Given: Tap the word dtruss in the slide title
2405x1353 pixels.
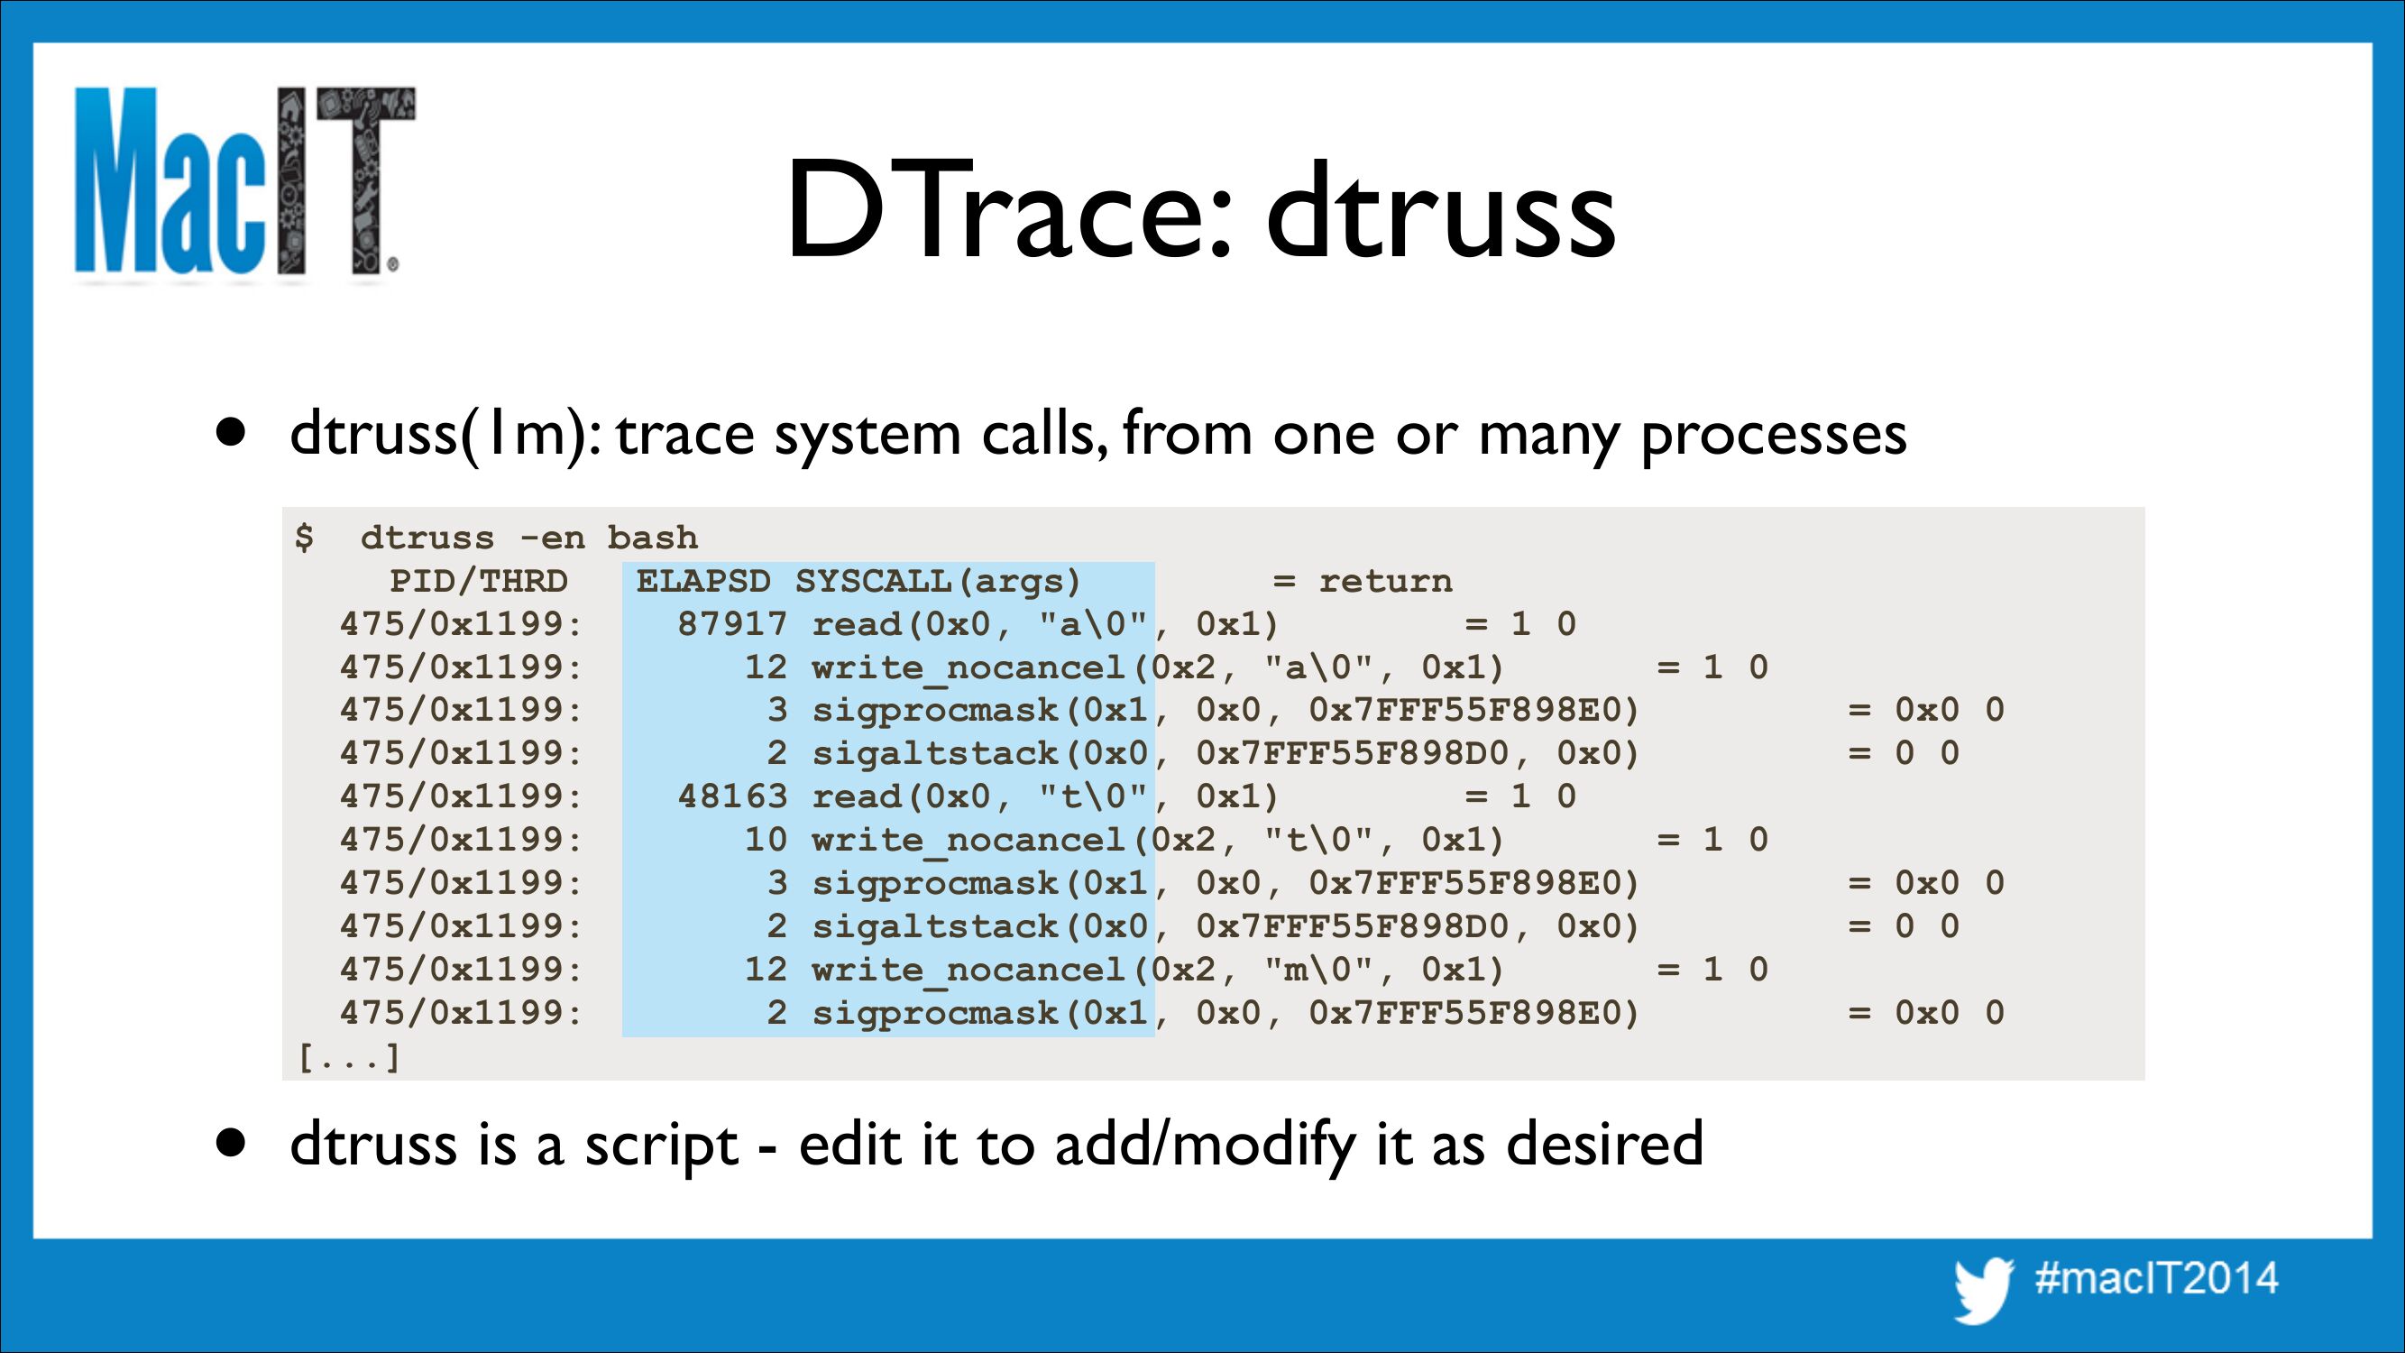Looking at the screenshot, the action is pyautogui.click(x=1442, y=211).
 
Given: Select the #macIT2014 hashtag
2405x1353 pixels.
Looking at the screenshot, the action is pyautogui.click(x=2157, y=1277).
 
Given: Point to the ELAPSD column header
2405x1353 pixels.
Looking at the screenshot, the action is pyautogui.click(x=704, y=581).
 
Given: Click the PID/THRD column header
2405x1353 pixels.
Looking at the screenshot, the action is pyautogui.click(x=479, y=581).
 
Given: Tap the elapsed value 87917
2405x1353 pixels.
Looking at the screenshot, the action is pyautogui.click(x=733, y=624).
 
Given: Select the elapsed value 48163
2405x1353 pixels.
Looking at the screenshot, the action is pyautogui.click(x=733, y=796).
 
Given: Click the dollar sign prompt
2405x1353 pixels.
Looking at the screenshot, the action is pyautogui.click(x=305, y=537).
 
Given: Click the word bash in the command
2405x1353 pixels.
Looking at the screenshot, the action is pyautogui.click(x=653, y=537).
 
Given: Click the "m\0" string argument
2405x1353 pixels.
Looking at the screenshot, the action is pyautogui.click(x=1321, y=970).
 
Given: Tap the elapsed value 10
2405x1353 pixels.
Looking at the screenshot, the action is pyautogui.click(x=766, y=840).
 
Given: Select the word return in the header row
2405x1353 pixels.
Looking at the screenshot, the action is pyautogui.click(x=1385, y=581).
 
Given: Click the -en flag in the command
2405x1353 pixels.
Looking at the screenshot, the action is pyautogui.click(x=552, y=538).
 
